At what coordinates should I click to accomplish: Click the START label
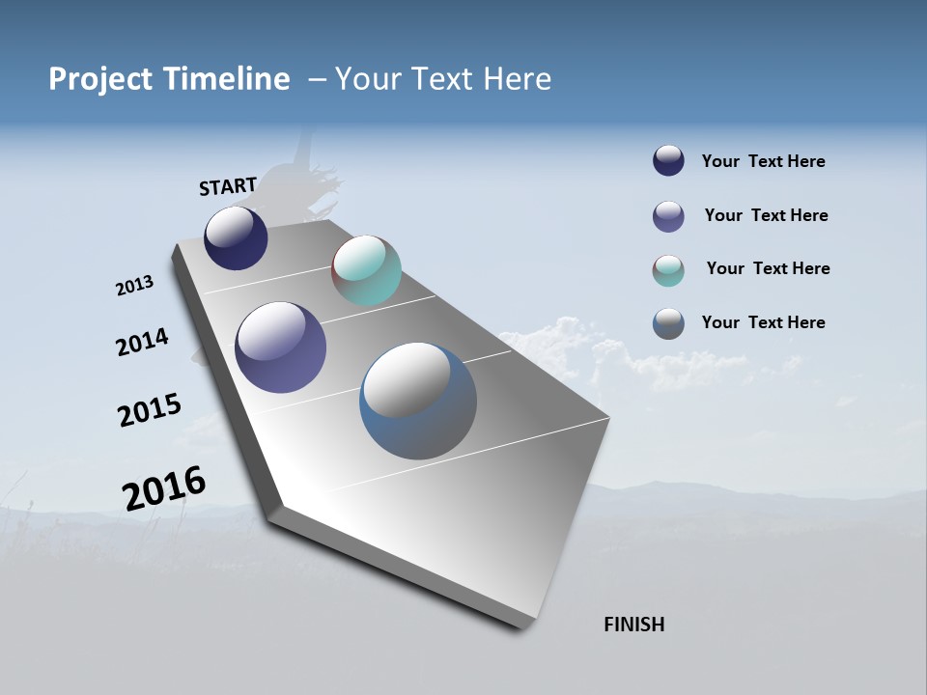click(x=228, y=186)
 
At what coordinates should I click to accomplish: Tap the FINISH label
click(x=634, y=625)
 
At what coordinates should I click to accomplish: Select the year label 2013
click(x=135, y=286)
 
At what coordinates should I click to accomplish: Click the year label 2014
click(x=143, y=342)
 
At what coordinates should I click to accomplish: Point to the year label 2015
click(x=150, y=410)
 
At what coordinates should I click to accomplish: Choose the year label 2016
click(x=164, y=487)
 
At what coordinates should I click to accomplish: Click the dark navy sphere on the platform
click(x=236, y=237)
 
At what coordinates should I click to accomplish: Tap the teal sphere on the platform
click(x=366, y=270)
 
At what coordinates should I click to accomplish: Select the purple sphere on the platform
click(x=280, y=347)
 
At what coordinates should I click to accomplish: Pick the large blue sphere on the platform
click(x=417, y=401)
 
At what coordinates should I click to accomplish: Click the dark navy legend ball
click(x=668, y=160)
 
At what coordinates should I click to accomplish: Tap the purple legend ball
click(x=668, y=216)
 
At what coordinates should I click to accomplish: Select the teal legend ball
click(x=668, y=270)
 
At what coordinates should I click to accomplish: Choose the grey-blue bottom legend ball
click(x=668, y=323)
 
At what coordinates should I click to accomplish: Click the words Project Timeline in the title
click(x=169, y=79)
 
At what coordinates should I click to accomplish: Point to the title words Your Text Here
click(x=443, y=79)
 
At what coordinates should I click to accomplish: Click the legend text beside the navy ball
click(x=763, y=161)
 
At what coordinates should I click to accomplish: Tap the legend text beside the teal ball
click(x=768, y=268)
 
